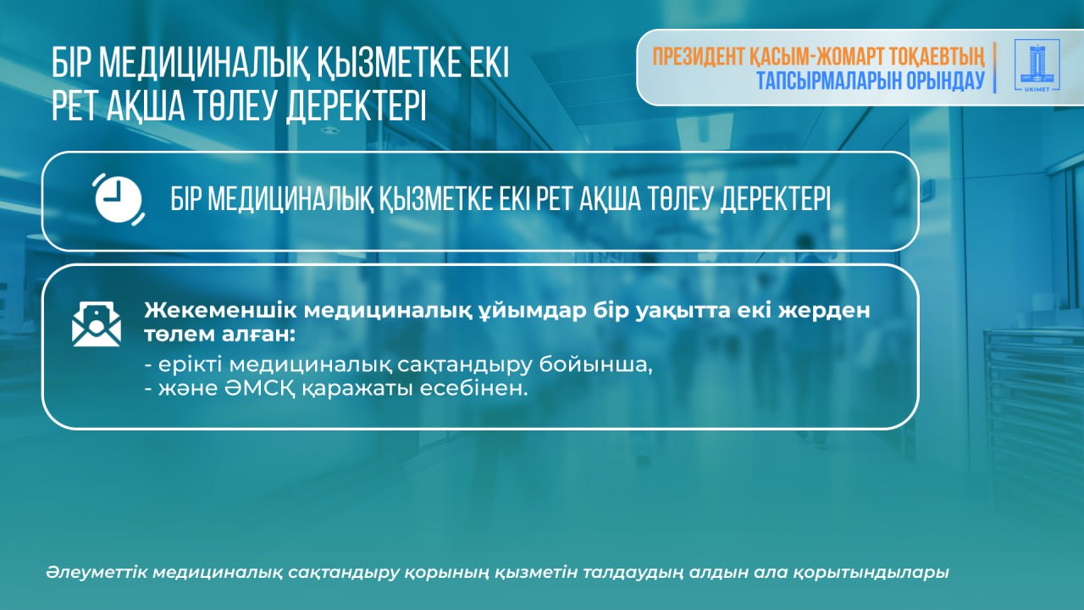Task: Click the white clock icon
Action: tap(119, 199)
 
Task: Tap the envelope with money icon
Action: tap(97, 324)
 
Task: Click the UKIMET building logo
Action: tap(1037, 65)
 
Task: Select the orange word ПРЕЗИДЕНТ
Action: tap(700, 57)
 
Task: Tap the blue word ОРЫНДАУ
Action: tap(946, 80)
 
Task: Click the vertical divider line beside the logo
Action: tap(995, 67)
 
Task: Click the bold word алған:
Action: tap(259, 335)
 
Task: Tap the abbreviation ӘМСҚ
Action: tap(259, 389)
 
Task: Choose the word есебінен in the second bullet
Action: tap(473, 388)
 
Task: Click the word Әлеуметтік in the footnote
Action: tap(97, 572)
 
